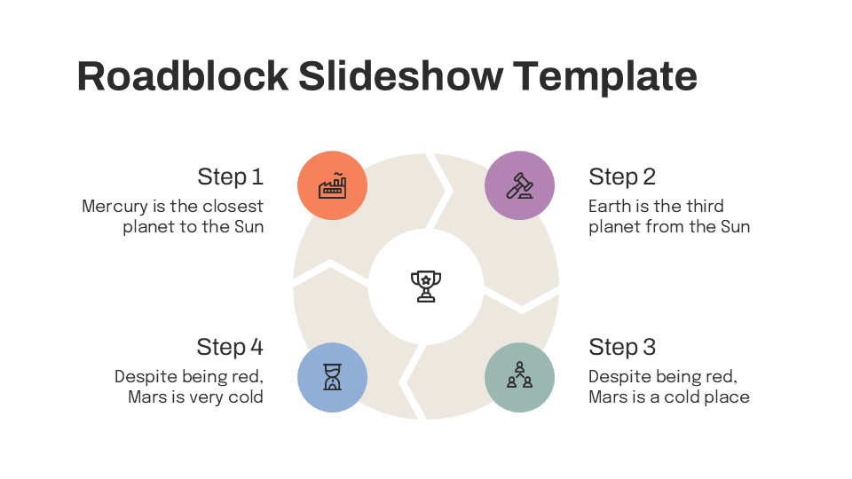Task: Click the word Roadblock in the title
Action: pos(183,76)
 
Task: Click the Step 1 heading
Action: pos(230,177)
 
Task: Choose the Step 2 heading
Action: pos(622,177)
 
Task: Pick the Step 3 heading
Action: pos(622,347)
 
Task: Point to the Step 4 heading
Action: pos(230,347)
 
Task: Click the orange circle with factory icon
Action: pos(332,185)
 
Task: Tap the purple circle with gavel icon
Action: pos(519,185)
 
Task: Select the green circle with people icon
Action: pos(519,377)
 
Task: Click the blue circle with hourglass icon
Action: pos(332,377)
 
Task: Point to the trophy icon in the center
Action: pos(426,286)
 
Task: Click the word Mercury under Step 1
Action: pos(114,207)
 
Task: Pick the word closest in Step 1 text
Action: pos(233,207)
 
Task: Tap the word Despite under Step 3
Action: pos(619,377)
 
